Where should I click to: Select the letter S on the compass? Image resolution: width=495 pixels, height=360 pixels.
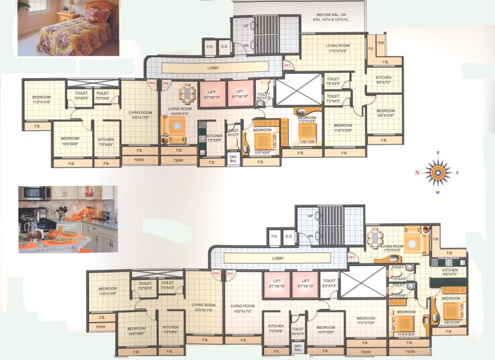pos(457,173)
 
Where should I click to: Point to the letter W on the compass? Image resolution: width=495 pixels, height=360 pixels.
pos(437,192)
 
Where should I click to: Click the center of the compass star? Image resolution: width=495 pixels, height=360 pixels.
pos(437,172)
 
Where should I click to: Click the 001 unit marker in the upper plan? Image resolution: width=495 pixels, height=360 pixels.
pos(287,65)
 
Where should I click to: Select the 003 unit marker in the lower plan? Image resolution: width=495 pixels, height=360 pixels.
pos(216,274)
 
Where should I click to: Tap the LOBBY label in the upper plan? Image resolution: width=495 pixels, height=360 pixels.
pos(214,67)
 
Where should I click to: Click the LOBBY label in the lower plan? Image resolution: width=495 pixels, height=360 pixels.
pos(277,258)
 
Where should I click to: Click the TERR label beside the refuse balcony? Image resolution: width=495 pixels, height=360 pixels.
pos(380,43)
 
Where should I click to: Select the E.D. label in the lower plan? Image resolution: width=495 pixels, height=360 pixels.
pos(289,237)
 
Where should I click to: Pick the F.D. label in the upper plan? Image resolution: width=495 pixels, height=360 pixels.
pos(209,46)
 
